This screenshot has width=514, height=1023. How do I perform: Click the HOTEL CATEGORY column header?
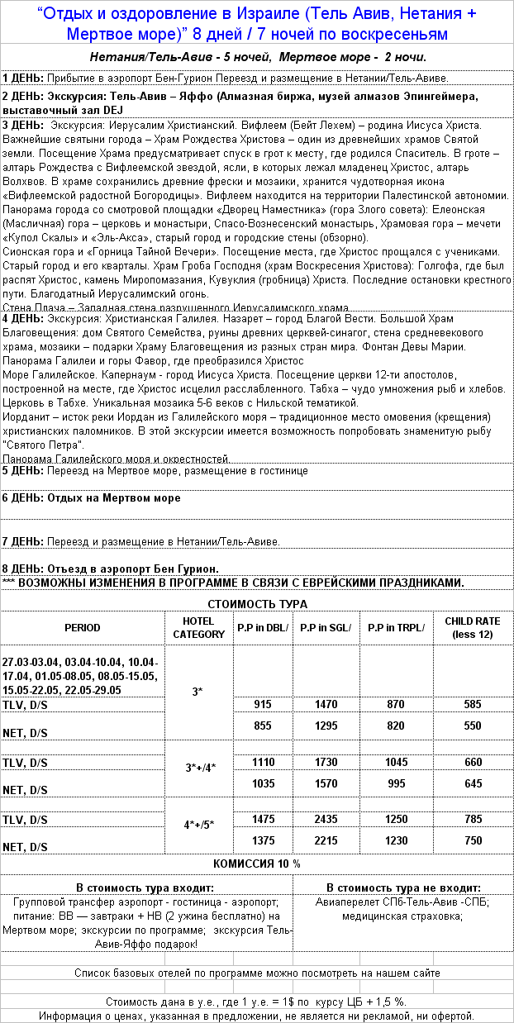pos(198,627)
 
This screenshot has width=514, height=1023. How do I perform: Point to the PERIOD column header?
pos(83,627)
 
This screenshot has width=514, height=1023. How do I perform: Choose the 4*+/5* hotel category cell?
pos(198,825)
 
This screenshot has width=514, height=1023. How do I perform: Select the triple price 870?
pos(397,704)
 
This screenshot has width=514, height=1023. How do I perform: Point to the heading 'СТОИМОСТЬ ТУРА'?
pos(257,604)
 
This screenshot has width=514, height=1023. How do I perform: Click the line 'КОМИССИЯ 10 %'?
pos(257,863)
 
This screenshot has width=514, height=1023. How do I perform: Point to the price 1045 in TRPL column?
pos(397,761)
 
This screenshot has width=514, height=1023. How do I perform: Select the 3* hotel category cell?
pos(198,691)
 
